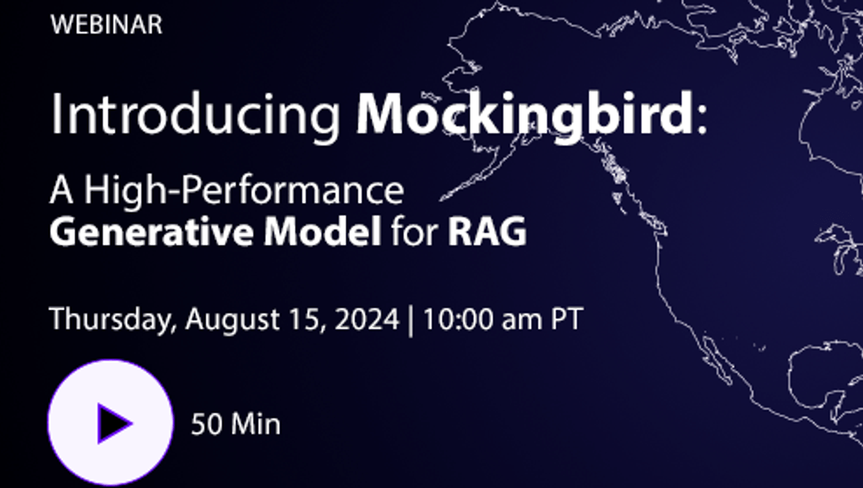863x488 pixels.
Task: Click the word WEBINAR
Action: [106, 25]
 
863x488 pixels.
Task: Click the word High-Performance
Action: [244, 191]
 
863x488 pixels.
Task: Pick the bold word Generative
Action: [151, 232]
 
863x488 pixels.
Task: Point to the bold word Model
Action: [322, 232]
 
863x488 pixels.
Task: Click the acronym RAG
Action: [487, 232]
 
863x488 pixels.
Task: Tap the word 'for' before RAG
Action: [414, 232]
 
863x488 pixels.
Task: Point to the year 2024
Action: [367, 319]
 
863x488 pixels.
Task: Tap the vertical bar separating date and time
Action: [411, 321]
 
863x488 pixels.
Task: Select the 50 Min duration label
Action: [236, 424]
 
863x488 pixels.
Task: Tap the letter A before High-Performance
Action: [61, 191]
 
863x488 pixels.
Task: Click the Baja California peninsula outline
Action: [717, 360]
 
